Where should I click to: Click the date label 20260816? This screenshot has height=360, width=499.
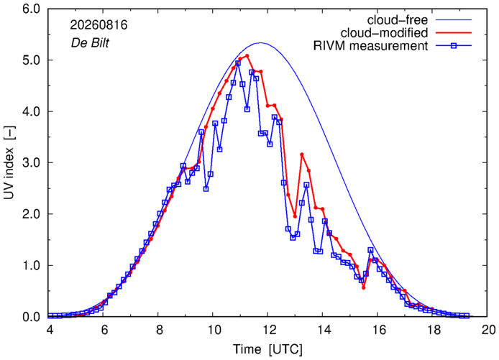point(99,25)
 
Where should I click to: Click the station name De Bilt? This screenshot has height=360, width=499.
point(90,43)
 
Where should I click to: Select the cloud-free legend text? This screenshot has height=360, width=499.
point(398,20)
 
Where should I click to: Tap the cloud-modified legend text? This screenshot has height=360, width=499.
point(384,33)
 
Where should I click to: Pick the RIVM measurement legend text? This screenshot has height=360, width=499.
point(371,46)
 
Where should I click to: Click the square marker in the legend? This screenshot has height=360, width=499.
point(454,46)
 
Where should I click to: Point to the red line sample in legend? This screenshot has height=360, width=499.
point(454,33)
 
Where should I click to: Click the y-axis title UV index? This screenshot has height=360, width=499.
point(10,162)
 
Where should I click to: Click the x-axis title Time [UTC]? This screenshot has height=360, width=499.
point(267,349)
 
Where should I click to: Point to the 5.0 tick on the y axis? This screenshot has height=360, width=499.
point(31,60)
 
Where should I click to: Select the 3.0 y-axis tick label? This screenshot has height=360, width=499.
point(31,162)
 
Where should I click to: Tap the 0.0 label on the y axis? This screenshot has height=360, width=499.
point(31,317)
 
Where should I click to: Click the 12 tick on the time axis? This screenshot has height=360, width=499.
point(267,330)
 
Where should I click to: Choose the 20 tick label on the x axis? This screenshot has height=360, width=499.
point(487,330)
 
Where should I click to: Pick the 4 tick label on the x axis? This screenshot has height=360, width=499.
point(50,330)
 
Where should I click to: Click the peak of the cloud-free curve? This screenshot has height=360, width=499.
point(260,42)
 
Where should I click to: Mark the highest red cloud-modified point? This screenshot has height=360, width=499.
point(247,55)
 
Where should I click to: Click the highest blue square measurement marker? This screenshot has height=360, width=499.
point(238,63)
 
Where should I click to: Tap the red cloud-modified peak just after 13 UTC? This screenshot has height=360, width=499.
point(302,154)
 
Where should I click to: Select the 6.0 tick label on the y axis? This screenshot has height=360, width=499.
point(31,9)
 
